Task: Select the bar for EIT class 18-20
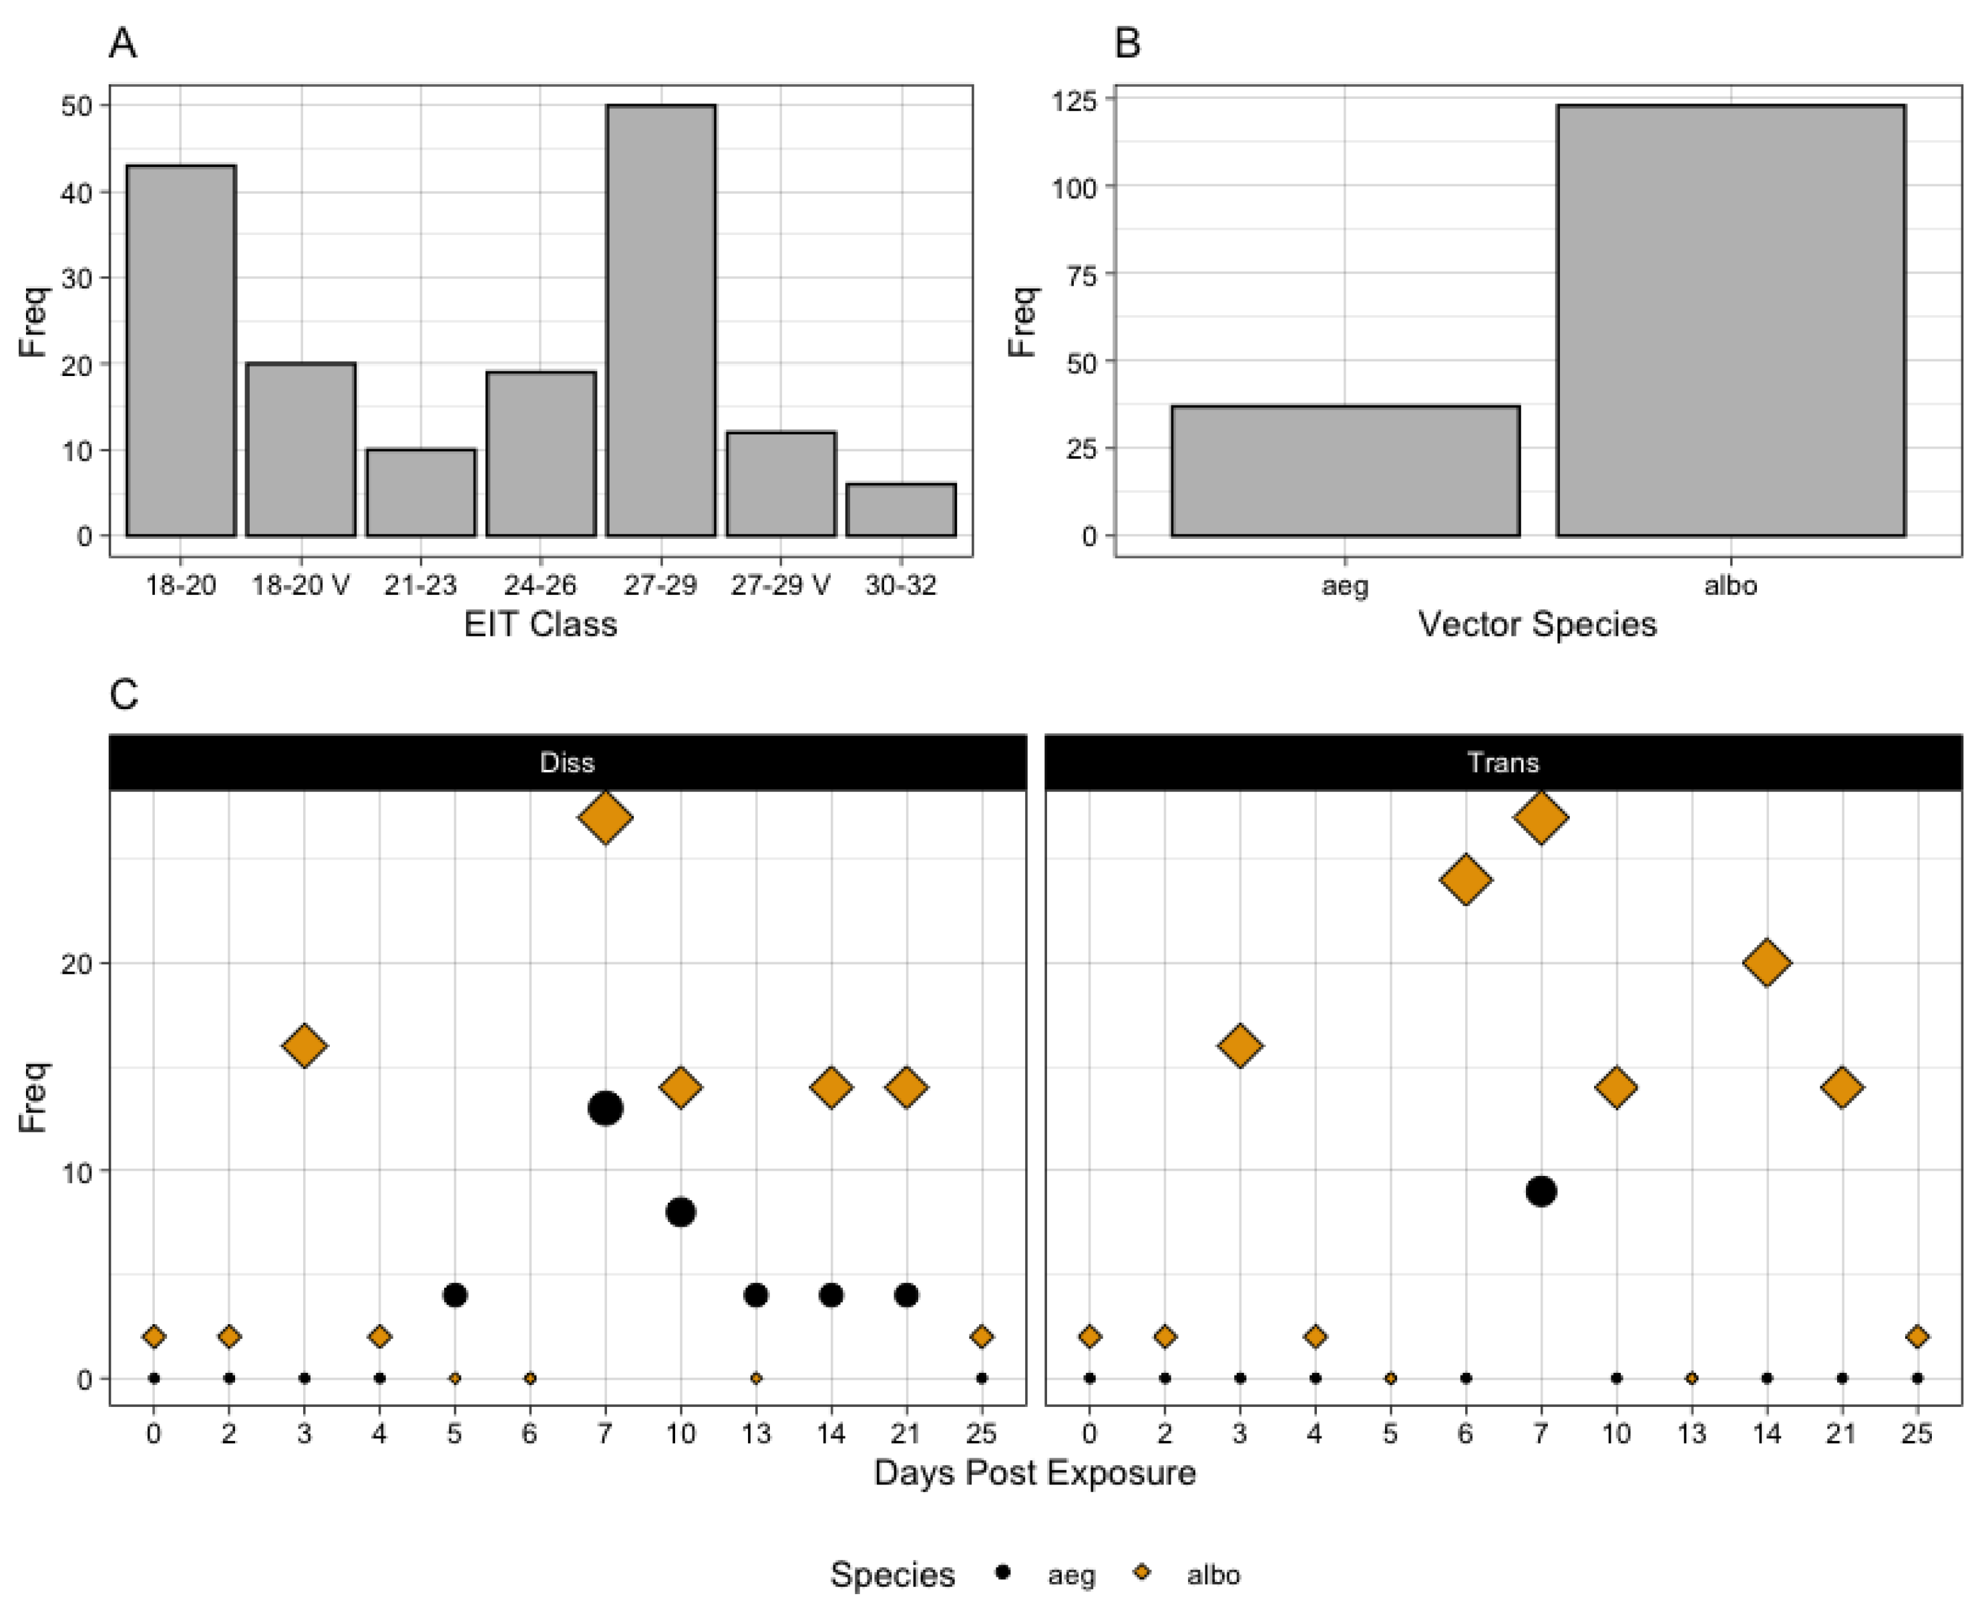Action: (x=181, y=351)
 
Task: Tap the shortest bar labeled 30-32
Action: (x=900, y=510)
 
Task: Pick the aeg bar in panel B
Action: (x=1345, y=471)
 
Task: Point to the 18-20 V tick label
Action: (x=301, y=585)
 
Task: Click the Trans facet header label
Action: (x=1503, y=762)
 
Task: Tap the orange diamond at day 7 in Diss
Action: (x=605, y=817)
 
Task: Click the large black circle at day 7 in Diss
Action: (x=605, y=1109)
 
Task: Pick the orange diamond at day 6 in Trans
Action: (x=1465, y=879)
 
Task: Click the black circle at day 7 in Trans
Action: (x=1541, y=1191)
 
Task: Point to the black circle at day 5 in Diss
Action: (x=455, y=1295)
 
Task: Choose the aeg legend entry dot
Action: (x=1004, y=1571)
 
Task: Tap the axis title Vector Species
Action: (x=1537, y=625)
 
